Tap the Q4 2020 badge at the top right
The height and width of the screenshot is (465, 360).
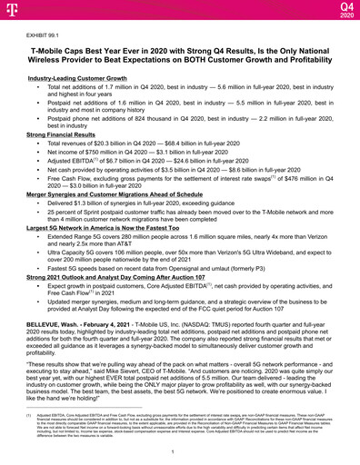coord(343,10)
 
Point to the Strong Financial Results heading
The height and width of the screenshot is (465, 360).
coord(65,134)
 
